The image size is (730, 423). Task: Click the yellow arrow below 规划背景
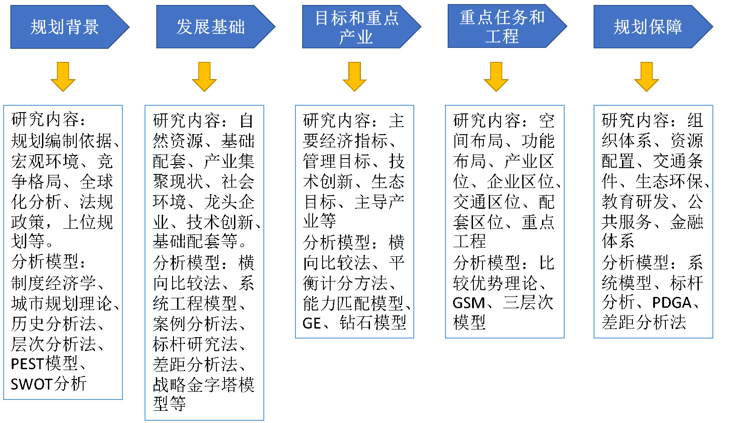click(x=63, y=77)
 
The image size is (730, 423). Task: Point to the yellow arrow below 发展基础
click(x=204, y=77)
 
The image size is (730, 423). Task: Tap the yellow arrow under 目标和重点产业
click(x=355, y=77)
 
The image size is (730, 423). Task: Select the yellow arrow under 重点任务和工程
click(x=496, y=77)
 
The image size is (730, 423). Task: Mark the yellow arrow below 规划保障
click(x=646, y=77)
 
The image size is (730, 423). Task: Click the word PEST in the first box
click(x=27, y=364)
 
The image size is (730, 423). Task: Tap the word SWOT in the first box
click(x=32, y=384)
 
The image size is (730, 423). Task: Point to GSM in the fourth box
click(x=469, y=303)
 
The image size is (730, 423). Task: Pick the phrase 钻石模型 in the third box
click(x=373, y=323)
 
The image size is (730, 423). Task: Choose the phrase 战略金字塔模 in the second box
click(x=204, y=385)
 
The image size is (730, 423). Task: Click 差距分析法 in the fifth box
click(x=644, y=322)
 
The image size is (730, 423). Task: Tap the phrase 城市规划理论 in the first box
click(x=61, y=303)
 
